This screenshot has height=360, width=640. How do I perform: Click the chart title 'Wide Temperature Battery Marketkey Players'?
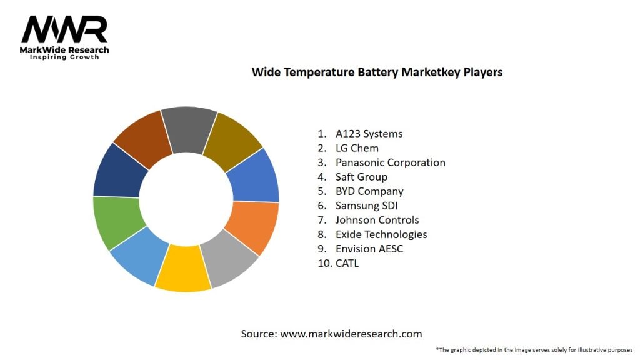coord(377,72)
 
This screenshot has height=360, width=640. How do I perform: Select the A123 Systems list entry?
coord(369,134)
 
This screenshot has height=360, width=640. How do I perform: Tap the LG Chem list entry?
coord(357,148)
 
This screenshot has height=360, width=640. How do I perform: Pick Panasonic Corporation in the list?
coord(390,162)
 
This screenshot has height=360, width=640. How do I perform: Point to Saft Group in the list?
coord(361,177)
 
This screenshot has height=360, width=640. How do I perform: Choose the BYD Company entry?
coord(369,191)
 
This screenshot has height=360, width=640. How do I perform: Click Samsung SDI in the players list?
coord(367,206)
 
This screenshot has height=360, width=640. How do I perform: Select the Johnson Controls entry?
coord(377,220)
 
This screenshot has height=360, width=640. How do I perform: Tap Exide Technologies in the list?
coord(381,234)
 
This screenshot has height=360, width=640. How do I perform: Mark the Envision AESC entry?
coord(370,249)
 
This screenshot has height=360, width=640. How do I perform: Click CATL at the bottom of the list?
coord(347,263)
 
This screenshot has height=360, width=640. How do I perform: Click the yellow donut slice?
coord(182,270)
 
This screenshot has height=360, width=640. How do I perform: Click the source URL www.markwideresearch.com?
coord(351,334)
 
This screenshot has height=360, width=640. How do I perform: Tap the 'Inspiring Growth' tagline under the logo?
coord(64,57)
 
